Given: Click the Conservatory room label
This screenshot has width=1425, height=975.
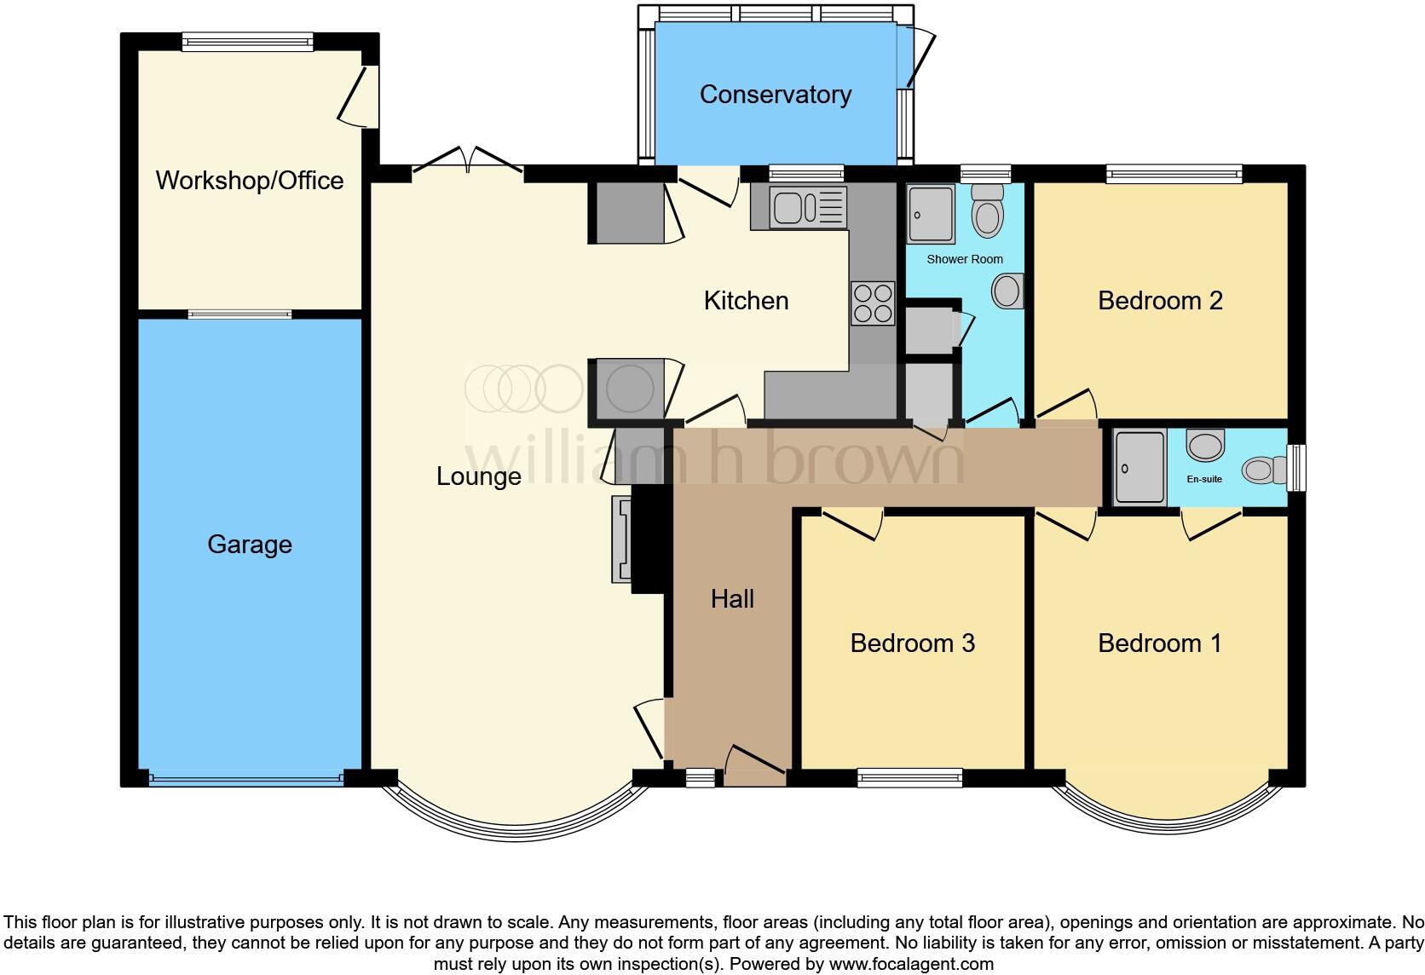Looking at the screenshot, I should pos(775,95).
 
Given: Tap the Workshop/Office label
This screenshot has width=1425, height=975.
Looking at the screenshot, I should pos(249,181).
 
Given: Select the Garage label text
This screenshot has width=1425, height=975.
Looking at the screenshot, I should pos(249,545).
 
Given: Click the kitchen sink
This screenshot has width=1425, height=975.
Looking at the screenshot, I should pos(807,208).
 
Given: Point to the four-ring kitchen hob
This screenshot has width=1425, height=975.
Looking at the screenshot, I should pos(873,303).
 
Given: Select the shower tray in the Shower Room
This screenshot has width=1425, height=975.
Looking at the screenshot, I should pos(931,214).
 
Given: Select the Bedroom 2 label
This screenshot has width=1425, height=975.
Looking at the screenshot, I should pos(1159,301).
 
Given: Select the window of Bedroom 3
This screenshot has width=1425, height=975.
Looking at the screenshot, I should pos(909,776).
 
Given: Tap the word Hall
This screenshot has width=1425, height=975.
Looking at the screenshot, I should pos(732,599).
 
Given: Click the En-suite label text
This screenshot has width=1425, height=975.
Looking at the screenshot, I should pos(1204,479).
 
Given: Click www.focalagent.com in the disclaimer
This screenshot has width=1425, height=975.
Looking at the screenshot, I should pos(910,965).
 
